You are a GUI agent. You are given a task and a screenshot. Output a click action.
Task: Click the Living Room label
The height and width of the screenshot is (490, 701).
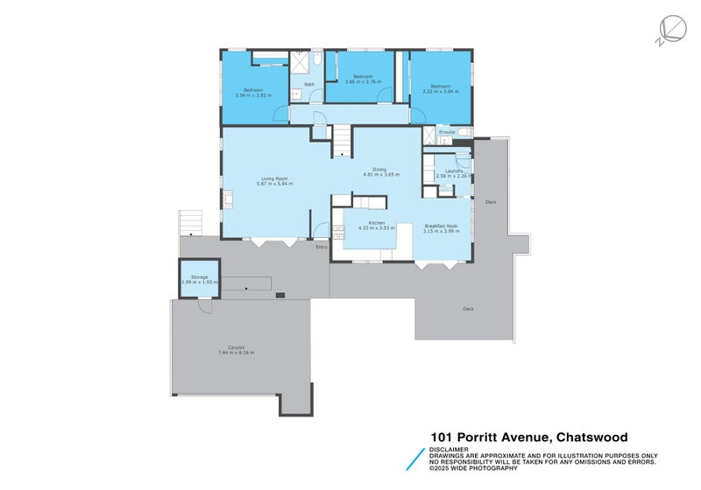273,178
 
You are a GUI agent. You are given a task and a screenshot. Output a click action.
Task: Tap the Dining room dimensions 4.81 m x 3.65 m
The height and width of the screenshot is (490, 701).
380,175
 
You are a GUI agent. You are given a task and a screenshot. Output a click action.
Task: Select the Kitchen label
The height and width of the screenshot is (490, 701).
377,223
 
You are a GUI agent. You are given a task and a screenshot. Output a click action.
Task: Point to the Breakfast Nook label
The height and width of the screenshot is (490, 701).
441,226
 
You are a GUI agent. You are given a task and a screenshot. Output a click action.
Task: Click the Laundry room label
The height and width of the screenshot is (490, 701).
453,171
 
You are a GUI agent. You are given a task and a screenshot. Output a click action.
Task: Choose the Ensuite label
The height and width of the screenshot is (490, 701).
447,132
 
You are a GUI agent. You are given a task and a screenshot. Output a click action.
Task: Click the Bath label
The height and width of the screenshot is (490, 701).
309,85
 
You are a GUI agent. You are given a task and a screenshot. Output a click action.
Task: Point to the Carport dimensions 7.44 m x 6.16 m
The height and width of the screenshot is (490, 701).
236,353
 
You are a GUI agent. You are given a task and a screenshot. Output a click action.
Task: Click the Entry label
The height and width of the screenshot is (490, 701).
322,247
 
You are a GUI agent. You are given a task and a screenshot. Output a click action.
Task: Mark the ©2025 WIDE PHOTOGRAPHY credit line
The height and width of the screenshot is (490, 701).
479,468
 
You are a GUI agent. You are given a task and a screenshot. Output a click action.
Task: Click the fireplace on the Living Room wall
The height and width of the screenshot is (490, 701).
226,200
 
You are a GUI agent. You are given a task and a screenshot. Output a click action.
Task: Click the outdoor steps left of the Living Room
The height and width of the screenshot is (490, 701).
190,222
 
